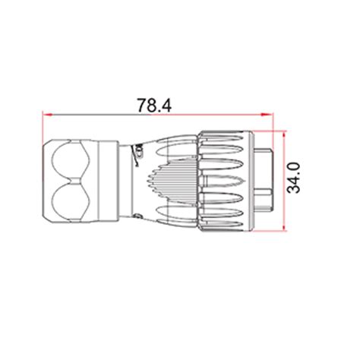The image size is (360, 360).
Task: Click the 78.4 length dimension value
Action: click(x=154, y=106)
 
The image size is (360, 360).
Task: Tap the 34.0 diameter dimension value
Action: click(x=294, y=178)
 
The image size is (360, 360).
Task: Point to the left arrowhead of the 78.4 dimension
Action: click(x=48, y=115)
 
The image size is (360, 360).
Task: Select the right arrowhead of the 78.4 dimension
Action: click(x=267, y=115)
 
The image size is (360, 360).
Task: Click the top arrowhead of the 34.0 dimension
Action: click(x=285, y=135)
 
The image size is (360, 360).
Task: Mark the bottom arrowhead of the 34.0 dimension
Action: click(x=285, y=226)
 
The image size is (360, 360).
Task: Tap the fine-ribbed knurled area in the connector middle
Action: click(x=173, y=182)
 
